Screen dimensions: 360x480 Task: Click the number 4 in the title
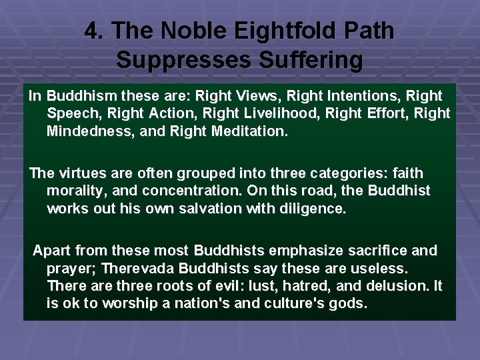click(92, 31)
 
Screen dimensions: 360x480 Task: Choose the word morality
click(75, 191)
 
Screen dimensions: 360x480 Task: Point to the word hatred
click(314, 287)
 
